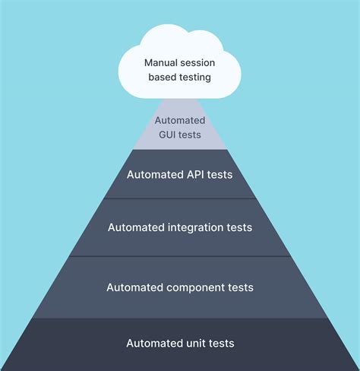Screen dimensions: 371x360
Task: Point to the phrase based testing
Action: coord(180,76)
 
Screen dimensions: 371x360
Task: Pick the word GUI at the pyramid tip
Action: coord(167,134)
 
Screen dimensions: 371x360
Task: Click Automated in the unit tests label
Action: coord(154,343)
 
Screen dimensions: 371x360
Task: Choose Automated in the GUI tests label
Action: coord(180,120)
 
